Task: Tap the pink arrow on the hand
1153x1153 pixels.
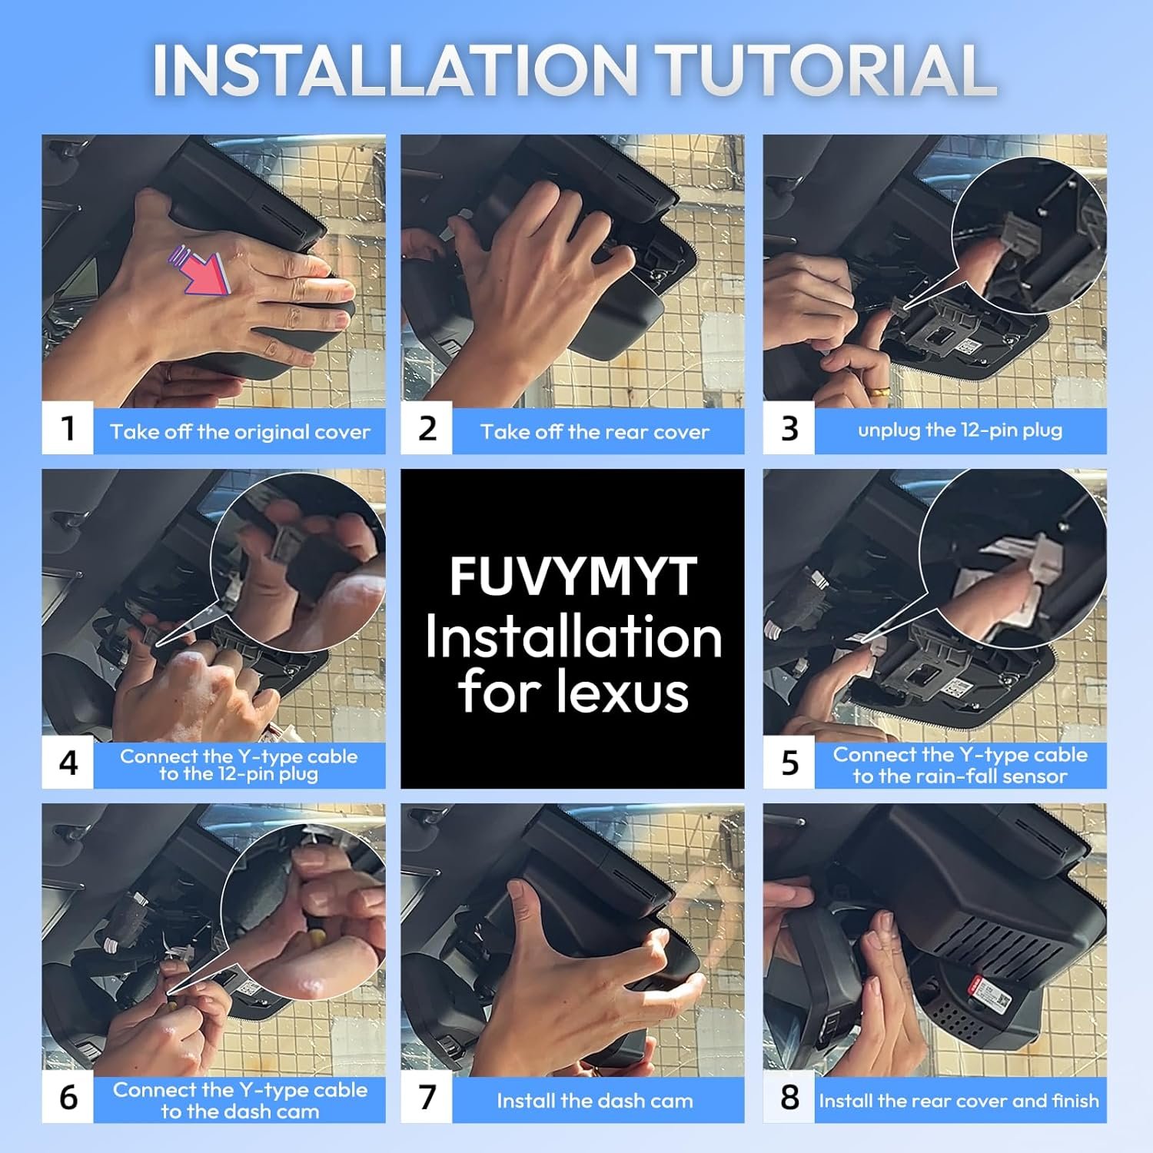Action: [201, 269]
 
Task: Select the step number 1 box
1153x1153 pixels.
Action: [68, 428]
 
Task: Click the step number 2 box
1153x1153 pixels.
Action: [427, 428]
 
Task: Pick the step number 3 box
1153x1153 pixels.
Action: [789, 428]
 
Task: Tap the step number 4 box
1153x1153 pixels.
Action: [68, 763]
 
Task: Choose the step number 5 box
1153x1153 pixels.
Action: [789, 763]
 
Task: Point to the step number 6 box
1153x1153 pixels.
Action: [68, 1097]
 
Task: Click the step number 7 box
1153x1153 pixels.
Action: [427, 1097]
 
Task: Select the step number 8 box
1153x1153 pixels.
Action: [789, 1097]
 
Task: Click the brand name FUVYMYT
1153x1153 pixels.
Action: [573, 576]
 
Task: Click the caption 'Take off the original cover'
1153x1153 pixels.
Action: [240, 431]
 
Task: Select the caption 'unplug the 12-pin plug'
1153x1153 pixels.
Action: [960, 430]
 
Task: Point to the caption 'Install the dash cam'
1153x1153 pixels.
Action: [595, 1101]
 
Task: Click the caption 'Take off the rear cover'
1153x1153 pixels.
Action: [595, 431]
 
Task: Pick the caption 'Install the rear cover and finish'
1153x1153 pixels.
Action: [959, 1101]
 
